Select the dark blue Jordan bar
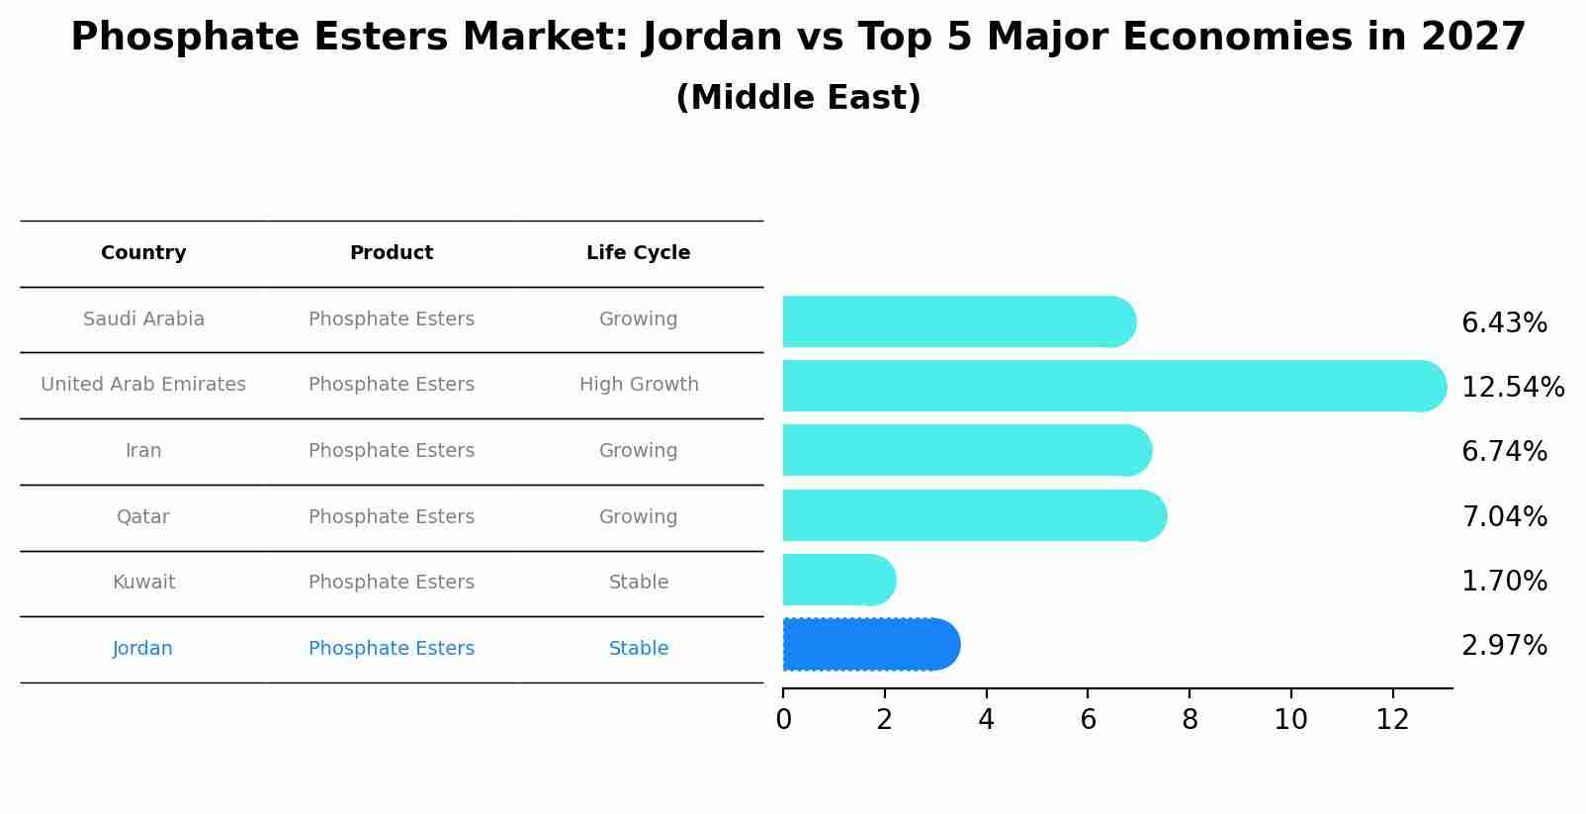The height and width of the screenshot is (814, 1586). (870, 645)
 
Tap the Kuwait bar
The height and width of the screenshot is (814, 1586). (838, 580)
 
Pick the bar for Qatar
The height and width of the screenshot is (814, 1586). (974, 515)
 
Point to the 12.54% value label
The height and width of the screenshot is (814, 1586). (1512, 387)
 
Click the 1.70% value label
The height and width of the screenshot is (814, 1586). (1504, 581)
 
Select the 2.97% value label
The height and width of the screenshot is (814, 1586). (1504, 646)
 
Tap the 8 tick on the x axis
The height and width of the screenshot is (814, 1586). (1189, 720)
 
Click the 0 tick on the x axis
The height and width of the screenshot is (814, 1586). (783, 720)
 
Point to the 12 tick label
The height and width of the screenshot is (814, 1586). (1392, 720)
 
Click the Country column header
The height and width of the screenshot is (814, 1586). (143, 253)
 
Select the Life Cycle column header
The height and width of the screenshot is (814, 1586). (638, 253)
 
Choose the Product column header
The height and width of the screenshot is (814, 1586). (392, 253)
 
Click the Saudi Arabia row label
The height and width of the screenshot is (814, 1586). (143, 319)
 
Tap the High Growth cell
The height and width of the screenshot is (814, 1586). (639, 385)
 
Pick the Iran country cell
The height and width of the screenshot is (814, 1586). (143, 451)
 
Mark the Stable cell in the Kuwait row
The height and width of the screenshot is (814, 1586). (639, 583)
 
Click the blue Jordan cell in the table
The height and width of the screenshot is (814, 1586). (142, 649)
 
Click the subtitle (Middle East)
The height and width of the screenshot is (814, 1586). (798, 98)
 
